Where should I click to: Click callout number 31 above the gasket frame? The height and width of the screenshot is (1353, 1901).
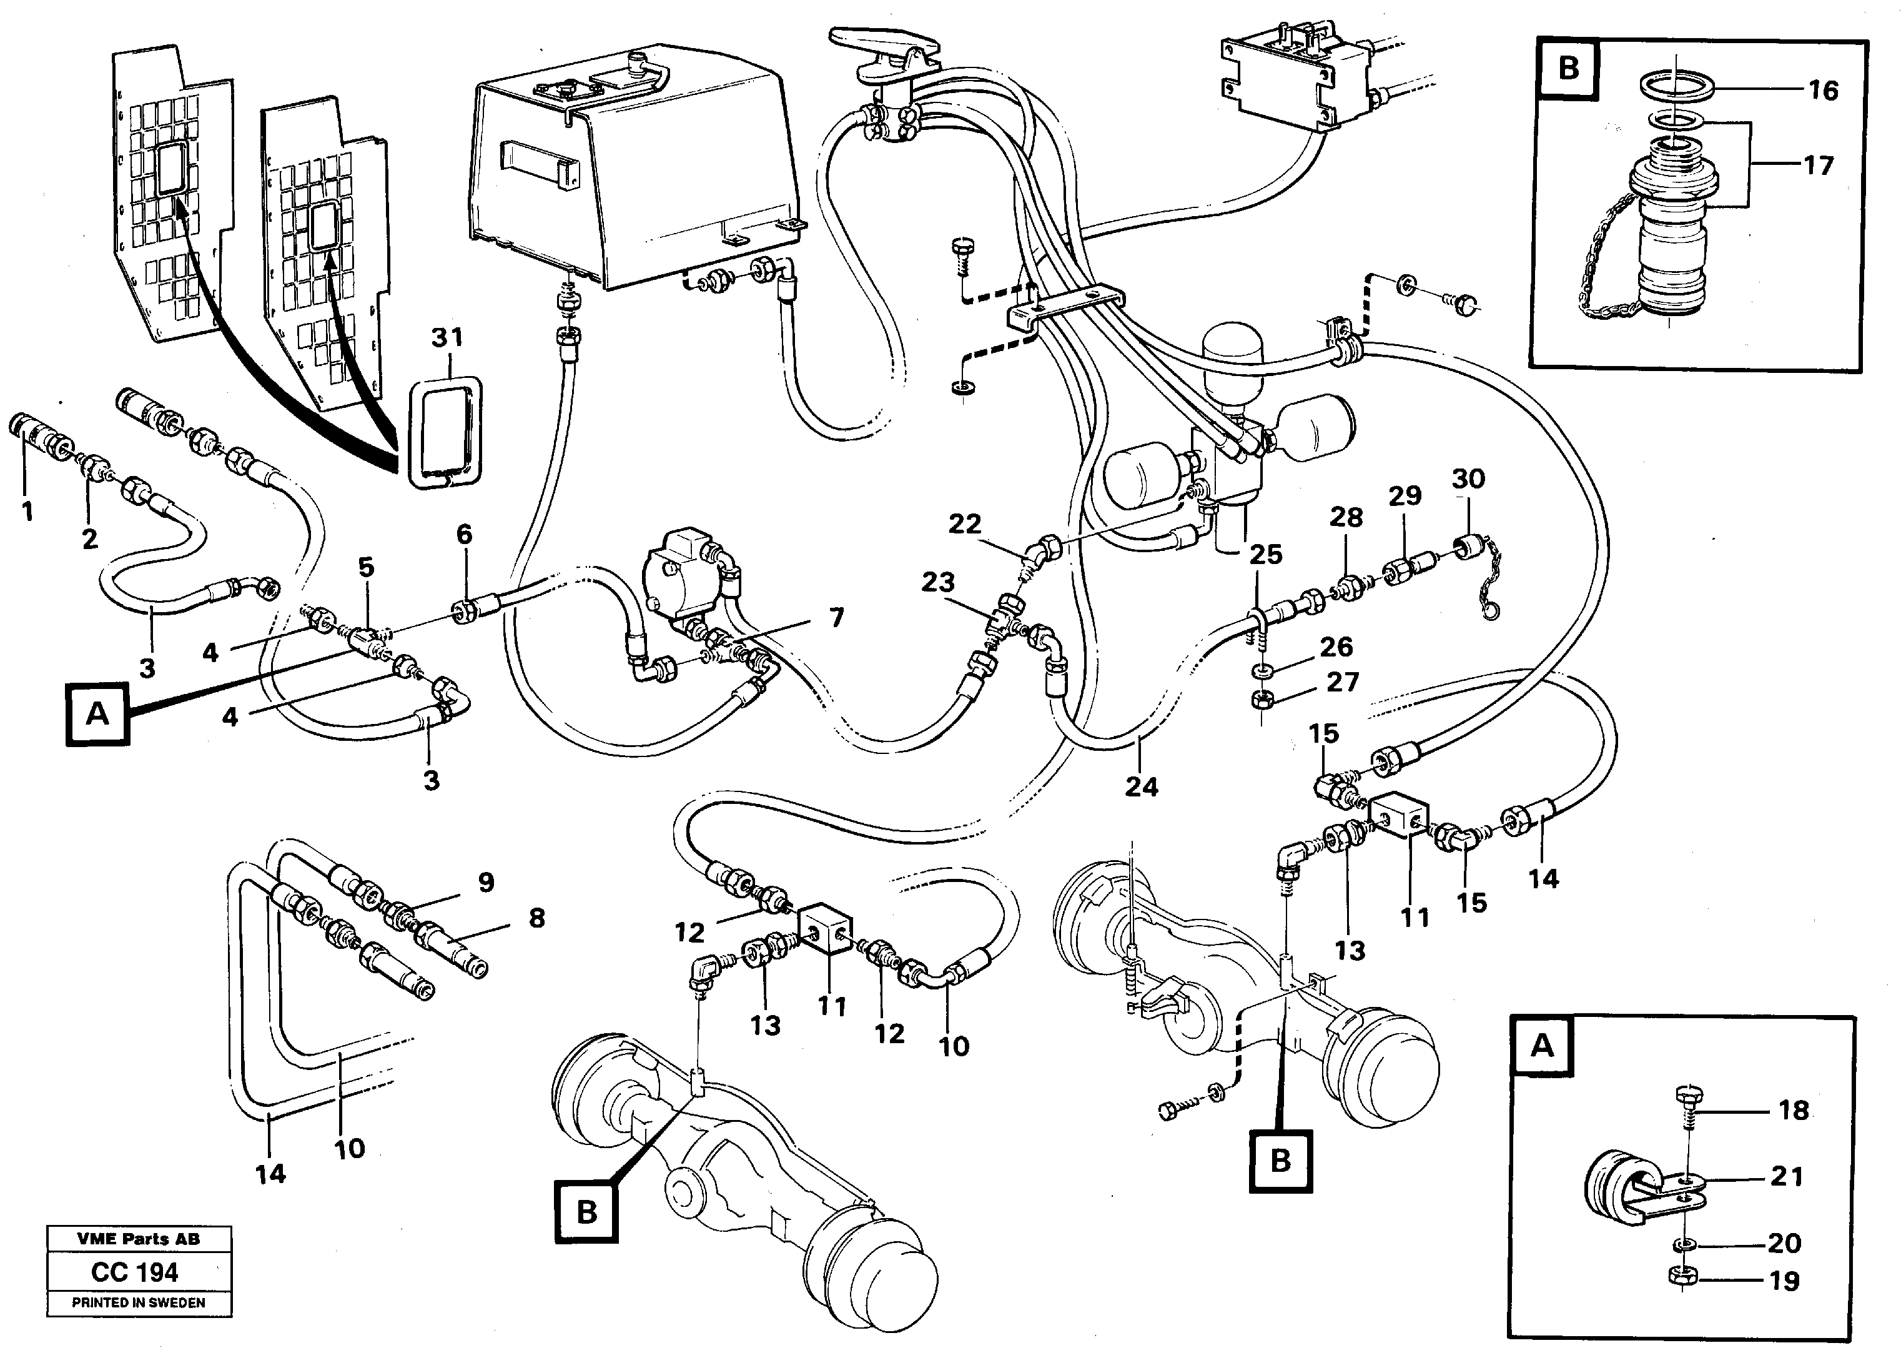447,339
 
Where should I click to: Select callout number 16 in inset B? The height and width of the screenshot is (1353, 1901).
1823,90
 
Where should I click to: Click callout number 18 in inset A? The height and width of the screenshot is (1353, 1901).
1794,1110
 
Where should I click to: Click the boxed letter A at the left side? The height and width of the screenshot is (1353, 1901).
97,714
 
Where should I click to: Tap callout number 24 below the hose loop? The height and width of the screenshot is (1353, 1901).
1141,786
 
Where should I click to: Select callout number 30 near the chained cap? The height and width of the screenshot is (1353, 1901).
1468,479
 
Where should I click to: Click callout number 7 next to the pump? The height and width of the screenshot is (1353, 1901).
836,617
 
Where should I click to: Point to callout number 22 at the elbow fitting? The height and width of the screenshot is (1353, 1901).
964,524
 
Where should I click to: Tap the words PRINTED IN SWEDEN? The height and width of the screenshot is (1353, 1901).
138,1303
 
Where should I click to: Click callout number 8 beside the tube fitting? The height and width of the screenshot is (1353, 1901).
536,918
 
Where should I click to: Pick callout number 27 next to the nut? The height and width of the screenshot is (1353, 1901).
1341,682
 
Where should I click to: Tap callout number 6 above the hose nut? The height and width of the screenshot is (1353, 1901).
464,534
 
